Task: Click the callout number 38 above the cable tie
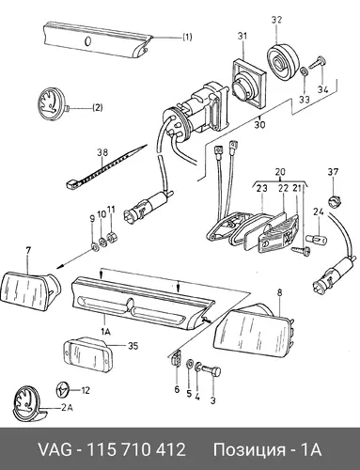(102, 152)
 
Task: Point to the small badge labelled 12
(63, 390)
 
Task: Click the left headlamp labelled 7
(31, 288)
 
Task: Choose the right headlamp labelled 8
(255, 330)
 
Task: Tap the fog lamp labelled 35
(87, 353)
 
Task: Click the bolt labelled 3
(212, 371)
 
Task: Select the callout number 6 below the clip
(177, 389)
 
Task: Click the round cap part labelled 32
(283, 62)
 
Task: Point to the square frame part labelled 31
(249, 83)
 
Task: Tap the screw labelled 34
(318, 63)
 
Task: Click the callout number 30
(259, 124)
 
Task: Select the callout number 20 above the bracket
(280, 172)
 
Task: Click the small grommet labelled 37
(334, 200)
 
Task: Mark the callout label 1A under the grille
(105, 332)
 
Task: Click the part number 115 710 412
(135, 449)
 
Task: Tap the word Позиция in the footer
(249, 450)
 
